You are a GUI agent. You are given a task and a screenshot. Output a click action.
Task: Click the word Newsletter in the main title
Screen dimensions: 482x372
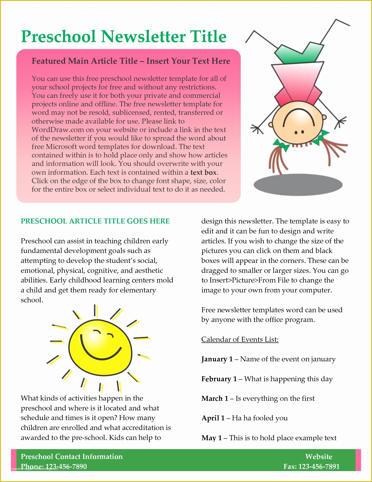pyautogui.click(x=143, y=37)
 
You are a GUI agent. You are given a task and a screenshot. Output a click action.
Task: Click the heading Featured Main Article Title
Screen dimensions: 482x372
pyautogui.click(x=85, y=61)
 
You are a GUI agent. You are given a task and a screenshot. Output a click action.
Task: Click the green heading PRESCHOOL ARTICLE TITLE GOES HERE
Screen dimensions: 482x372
pyautogui.click(x=95, y=221)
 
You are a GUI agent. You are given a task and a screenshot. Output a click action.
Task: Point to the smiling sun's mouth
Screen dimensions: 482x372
pyautogui.click(x=101, y=349)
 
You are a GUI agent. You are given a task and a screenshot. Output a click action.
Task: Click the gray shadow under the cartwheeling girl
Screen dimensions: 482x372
pyautogui.click(x=298, y=184)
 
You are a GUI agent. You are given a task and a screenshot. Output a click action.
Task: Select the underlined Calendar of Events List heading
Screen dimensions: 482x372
pyautogui.click(x=240, y=339)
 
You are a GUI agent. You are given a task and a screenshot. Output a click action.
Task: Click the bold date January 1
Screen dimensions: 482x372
pyautogui.click(x=217, y=359)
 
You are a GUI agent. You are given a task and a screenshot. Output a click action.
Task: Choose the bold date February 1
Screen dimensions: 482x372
pyautogui.click(x=219, y=379)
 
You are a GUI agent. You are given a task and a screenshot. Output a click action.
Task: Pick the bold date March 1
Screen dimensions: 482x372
pyautogui.click(x=215, y=398)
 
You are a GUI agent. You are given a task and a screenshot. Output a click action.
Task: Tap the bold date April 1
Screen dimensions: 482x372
pyautogui.click(x=213, y=418)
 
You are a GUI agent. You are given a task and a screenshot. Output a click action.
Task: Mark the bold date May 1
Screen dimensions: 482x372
pyautogui.click(x=212, y=438)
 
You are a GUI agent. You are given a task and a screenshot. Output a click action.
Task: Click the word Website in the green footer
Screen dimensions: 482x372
pyautogui.click(x=319, y=457)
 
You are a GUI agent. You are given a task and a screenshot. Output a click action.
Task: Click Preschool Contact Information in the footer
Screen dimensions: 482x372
pyautogui.click(x=72, y=457)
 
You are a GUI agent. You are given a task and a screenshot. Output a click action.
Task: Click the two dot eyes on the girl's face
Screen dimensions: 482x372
pyautogui.click(x=299, y=132)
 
